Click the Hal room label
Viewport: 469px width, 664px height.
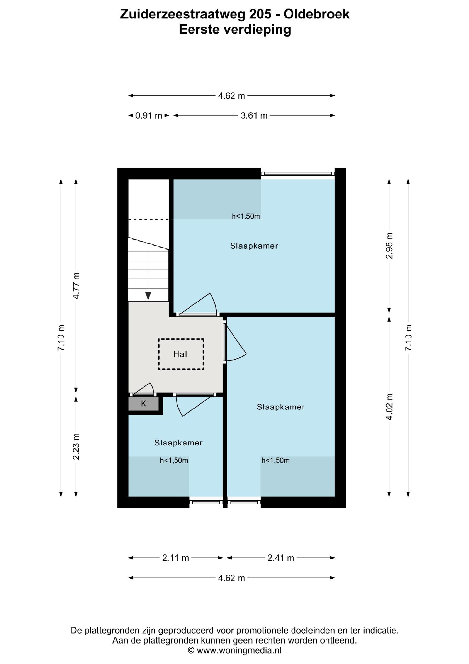(x=180, y=354)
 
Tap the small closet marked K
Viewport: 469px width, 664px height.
(x=144, y=404)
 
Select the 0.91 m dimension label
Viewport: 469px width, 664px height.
(x=149, y=116)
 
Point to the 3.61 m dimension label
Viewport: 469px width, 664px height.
(x=254, y=116)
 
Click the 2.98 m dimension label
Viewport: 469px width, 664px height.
(x=389, y=246)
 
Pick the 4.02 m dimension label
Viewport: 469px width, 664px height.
(x=389, y=407)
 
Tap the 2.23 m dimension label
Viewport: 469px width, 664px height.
(x=76, y=446)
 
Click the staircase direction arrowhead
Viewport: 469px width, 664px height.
(x=148, y=296)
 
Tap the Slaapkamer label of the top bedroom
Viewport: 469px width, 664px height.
(x=254, y=246)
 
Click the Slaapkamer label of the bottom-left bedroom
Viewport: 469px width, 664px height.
(x=178, y=443)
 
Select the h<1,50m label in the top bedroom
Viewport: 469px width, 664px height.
(x=246, y=216)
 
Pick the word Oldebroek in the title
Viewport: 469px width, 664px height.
(x=317, y=14)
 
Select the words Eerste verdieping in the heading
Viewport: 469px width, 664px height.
(x=235, y=30)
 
